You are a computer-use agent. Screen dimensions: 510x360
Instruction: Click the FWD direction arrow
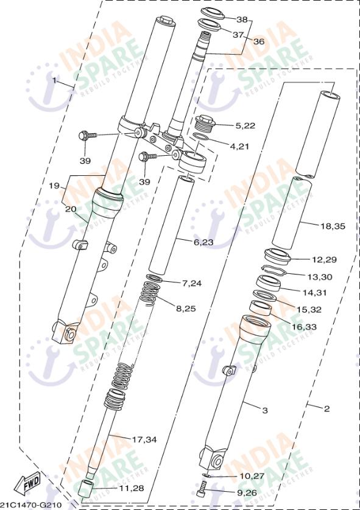(x=30, y=484)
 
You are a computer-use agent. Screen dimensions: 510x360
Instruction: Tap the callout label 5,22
(x=247, y=125)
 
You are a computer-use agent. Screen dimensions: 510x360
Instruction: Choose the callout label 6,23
(x=203, y=242)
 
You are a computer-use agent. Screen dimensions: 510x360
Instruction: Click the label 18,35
(x=333, y=226)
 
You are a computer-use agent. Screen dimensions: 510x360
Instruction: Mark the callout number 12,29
(x=325, y=259)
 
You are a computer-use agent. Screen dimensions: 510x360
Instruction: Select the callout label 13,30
(x=320, y=276)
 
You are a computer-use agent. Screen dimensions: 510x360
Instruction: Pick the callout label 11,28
(x=131, y=488)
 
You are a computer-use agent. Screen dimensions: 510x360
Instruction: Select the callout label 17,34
(x=144, y=439)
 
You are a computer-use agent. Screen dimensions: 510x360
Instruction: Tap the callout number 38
(x=242, y=19)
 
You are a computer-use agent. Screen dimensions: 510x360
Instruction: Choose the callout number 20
(x=71, y=208)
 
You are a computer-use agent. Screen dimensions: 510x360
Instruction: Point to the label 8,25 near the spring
(x=186, y=309)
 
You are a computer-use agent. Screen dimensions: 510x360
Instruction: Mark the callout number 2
(x=326, y=408)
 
